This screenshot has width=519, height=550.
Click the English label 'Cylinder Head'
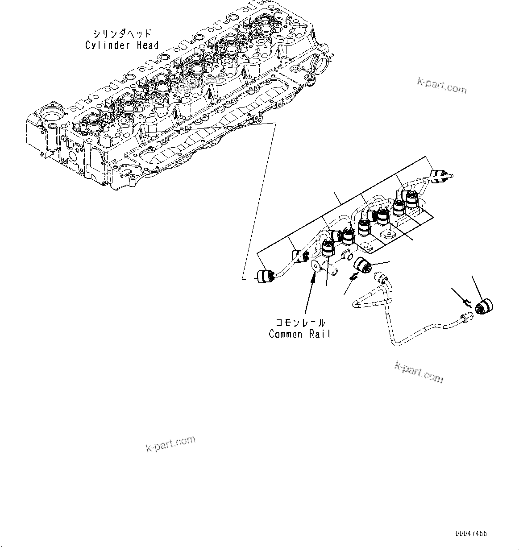click(x=122, y=45)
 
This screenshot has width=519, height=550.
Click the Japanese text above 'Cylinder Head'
click(x=122, y=34)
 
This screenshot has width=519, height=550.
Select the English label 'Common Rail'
click(x=299, y=334)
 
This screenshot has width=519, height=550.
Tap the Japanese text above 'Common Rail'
click(x=299, y=323)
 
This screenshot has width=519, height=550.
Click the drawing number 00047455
click(x=471, y=533)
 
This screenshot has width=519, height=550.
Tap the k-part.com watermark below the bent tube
click(x=419, y=372)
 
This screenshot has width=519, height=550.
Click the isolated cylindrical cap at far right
click(x=484, y=307)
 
